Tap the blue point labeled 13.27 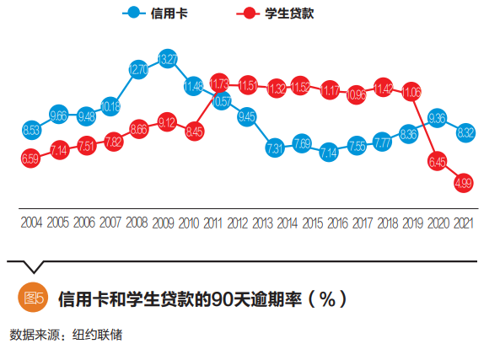(167, 60)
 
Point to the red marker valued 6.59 (31, 158)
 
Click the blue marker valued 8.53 (31, 129)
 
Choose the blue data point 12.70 (140, 70)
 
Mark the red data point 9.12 (167, 122)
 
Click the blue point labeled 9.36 (437, 118)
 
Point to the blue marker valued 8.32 (463, 132)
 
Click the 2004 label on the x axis (31, 223)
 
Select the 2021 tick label (463, 223)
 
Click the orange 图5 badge (32, 298)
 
